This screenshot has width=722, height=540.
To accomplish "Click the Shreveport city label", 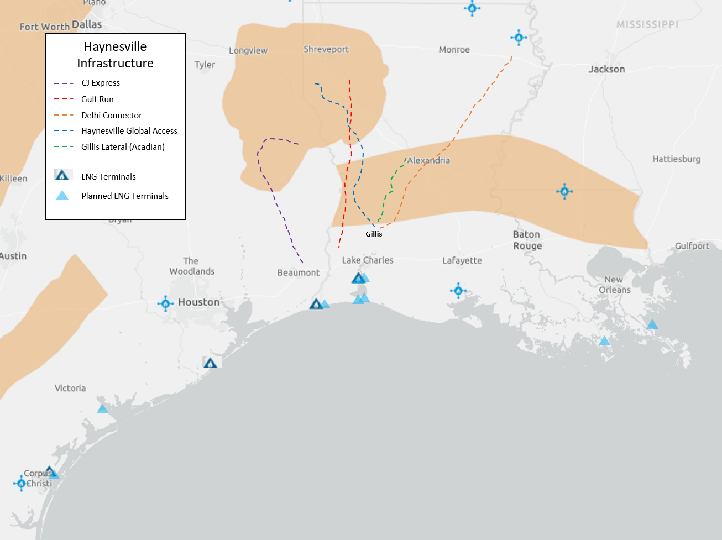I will [326, 49].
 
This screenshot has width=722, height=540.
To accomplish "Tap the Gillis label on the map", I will [374, 234].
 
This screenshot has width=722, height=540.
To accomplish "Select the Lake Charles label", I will [368, 260].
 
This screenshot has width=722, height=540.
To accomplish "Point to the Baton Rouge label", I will [527, 240].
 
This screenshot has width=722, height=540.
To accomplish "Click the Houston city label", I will [198, 302].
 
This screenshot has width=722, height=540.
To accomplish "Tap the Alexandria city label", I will [428, 160].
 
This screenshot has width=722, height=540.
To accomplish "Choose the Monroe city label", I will [454, 50].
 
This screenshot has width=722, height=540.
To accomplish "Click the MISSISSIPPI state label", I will [647, 24].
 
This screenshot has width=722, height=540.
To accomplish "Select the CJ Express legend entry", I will [101, 83].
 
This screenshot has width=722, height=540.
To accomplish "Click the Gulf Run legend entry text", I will [97, 99].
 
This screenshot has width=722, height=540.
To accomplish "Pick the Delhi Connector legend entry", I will [111, 116].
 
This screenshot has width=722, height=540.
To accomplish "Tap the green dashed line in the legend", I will [64, 147].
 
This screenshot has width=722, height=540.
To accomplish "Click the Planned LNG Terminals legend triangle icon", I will [62, 195].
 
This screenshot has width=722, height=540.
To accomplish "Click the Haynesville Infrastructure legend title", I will [115, 55].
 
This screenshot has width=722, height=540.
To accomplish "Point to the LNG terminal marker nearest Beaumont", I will [316, 304].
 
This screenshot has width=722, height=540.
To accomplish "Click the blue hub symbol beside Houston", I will [165, 303].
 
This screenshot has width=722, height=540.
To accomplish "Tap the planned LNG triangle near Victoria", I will [102, 409].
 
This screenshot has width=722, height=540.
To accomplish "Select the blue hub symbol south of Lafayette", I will [458, 290].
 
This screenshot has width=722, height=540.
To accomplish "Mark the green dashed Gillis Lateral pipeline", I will [391, 182].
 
